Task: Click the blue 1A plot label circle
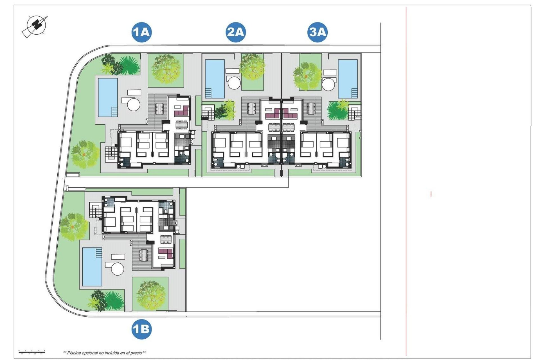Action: coord(141,32)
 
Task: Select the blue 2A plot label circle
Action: coord(236,32)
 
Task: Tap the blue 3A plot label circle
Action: coord(317,32)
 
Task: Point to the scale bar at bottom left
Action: coord(31,351)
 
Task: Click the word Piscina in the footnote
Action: coord(74,353)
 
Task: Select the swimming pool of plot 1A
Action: coord(107,97)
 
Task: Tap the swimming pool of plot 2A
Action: coord(215,78)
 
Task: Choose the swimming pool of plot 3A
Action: coord(348,78)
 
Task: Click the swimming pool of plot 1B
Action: coord(92,267)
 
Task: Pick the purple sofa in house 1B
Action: coord(166,253)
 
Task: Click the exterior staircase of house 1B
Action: coord(95,211)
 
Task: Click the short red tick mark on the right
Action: coord(431,194)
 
